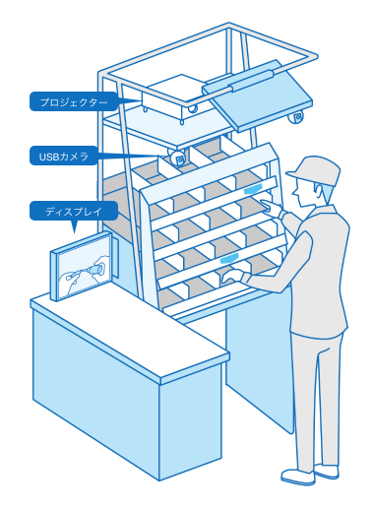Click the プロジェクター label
(x=74, y=102)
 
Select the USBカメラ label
(x=64, y=157)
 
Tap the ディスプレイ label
(x=74, y=212)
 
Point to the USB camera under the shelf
(x=176, y=159)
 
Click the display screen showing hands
(x=83, y=267)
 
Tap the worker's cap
(x=314, y=170)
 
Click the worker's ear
(x=319, y=191)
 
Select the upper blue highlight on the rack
(x=252, y=189)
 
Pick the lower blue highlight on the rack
(x=229, y=258)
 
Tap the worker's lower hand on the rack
(x=233, y=276)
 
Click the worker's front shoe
(x=297, y=477)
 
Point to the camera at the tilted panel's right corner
(x=297, y=117)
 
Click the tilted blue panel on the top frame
(x=259, y=96)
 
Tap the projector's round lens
(x=193, y=108)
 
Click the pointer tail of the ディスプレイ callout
(x=74, y=226)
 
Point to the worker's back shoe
(x=327, y=472)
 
